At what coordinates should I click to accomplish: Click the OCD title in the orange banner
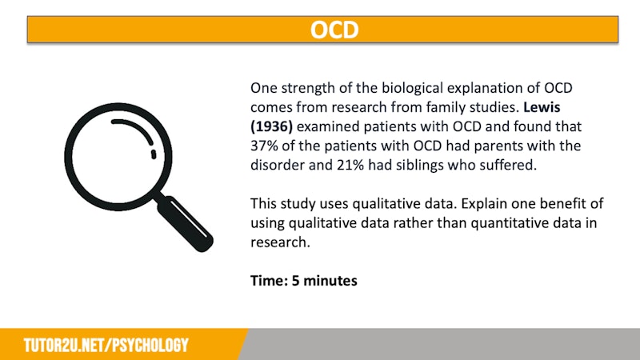pyautogui.click(x=334, y=30)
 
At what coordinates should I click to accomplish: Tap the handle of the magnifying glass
pyautogui.click(x=186, y=224)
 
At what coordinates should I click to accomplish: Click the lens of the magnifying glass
pyautogui.click(x=118, y=157)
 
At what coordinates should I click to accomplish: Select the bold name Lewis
pyautogui.click(x=542, y=107)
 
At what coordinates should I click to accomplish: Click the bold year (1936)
pyautogui.click(x=271, y=126)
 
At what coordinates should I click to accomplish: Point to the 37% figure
pyautogui.click(x=262, y=146)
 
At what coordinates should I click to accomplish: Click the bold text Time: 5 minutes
pyautogui.click(x=304, y=281)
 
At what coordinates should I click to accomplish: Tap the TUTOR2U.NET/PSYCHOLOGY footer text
pyautogui.click(x=106, y=346)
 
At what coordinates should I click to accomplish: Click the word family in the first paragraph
pyautogui.click(x=442, y=108)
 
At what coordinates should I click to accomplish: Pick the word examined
pyautogui.click(x=328, y=126)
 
